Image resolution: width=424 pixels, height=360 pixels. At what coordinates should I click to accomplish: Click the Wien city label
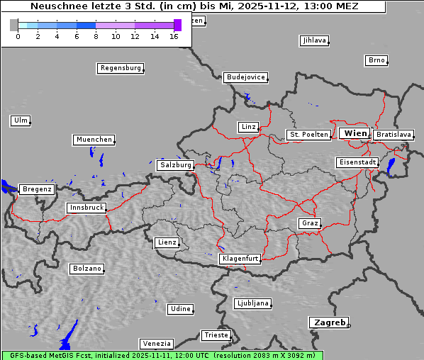click(355, 133)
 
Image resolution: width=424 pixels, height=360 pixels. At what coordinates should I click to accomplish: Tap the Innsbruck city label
click(87, 208)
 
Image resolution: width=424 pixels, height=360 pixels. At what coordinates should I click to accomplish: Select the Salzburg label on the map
click(175, 165)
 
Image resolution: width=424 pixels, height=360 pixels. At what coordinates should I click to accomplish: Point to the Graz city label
click(309, 223)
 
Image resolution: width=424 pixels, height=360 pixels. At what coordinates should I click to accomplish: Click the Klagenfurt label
click(240, 259)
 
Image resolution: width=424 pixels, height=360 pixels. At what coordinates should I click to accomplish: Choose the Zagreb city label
click(328, 322)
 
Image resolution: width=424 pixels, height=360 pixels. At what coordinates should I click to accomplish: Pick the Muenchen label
click(94, 140)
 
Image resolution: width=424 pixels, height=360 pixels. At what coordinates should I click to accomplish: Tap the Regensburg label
click(120, 68)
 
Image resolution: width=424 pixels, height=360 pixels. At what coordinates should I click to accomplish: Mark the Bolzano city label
click(87, 269)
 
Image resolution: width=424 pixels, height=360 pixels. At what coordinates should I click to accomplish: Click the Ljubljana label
click(252, 303)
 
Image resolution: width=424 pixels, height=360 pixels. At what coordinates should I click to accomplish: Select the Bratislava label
click(394, 134)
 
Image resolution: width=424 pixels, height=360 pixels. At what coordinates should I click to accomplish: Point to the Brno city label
click(376, 60)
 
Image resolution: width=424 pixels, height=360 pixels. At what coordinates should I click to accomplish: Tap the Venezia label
click(155, 344)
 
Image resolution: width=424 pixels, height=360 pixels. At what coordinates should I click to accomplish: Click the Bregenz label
click(37, 189)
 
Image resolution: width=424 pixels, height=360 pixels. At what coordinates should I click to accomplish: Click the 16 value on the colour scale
click(174, 36)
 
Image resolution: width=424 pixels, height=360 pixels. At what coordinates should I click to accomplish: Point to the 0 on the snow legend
click(18, 36)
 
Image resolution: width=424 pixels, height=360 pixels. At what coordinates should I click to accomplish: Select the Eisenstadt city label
click(357, 162)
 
